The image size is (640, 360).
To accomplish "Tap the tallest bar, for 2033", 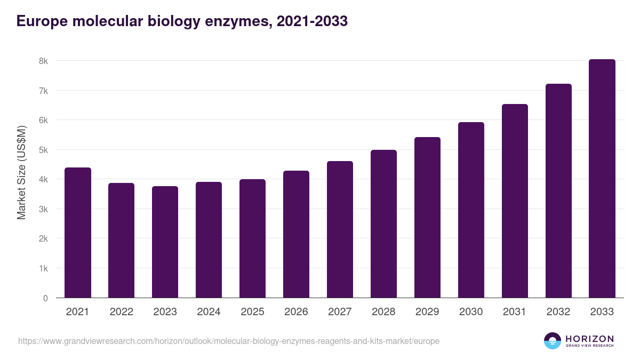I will click(602, 179).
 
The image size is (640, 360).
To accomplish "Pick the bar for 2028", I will click(384, 224).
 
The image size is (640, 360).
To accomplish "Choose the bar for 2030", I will click(471, 210).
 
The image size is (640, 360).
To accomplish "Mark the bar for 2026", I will click(296, 234).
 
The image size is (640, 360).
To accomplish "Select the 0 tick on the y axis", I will click(46, 298).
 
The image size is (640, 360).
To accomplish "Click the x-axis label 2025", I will click(252, 312).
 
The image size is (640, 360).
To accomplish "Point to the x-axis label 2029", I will click(427, 312).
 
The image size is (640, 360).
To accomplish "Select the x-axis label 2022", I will click(122, 312).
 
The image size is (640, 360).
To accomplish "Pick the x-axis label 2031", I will click(515, 312).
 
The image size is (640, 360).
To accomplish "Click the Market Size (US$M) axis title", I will click(22, 172).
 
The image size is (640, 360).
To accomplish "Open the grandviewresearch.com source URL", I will click(229, 341).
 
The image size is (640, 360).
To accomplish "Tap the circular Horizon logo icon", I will click(553, 341).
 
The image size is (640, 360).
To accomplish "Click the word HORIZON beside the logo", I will click(589, 339).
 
